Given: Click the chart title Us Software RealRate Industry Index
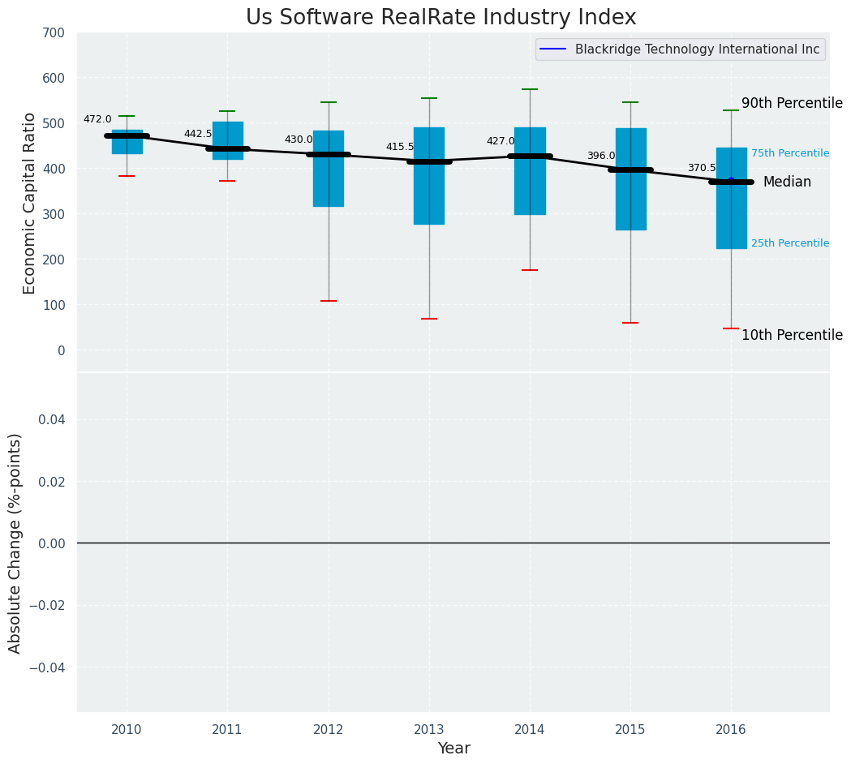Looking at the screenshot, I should tap(441, 18).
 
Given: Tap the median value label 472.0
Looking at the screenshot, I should tap(97, 119).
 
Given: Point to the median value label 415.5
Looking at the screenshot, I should tap(399, 147).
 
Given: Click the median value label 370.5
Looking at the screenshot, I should tap(702, 168).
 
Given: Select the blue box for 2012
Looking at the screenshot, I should tap(329, 169).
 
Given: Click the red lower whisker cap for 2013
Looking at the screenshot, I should tap(429, 319).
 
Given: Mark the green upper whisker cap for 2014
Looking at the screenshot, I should tap(530, 89).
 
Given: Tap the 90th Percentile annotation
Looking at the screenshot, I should tap(792, 103).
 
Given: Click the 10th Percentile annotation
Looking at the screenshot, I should tap(792, 335).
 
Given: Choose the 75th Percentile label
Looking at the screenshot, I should tap(789, 153).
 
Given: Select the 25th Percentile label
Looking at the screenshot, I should tap(789, 243).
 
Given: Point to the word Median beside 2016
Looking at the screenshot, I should tap(787, 182).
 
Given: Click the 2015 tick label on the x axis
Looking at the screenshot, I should tap(630, 730).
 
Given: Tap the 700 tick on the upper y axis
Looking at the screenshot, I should tap(53, 32).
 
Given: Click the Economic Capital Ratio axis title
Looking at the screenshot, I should tap(29, 203).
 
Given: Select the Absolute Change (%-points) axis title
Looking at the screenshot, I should tap(15, 543).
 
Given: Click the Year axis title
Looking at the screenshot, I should tap(453, 749).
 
